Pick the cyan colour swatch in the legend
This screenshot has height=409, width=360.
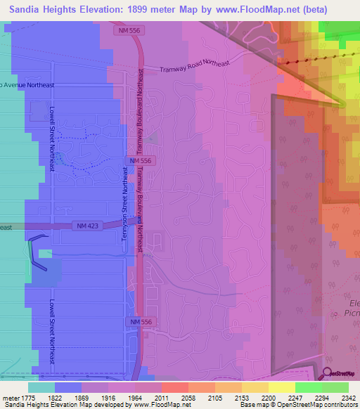pyautogui.click(x=41, y=387)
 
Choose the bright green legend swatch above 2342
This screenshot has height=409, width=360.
pyautogui.click(x=335, y=387)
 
